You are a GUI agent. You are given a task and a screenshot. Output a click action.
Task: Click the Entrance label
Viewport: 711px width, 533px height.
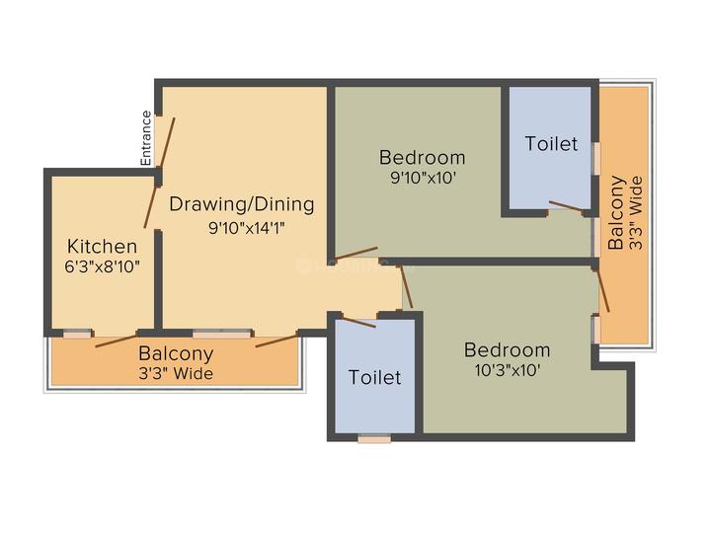point(146,138)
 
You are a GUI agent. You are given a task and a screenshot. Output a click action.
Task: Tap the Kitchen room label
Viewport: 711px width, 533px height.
point(102,246)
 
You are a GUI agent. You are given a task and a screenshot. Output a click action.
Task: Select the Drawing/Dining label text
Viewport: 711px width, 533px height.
point(242,204)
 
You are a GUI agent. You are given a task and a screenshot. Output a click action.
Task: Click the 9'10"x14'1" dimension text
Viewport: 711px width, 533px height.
point(246,228)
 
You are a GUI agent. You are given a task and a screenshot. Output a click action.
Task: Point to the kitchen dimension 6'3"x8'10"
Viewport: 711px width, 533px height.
point(102,266)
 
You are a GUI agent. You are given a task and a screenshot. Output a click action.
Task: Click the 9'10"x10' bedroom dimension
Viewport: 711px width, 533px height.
point(423,178)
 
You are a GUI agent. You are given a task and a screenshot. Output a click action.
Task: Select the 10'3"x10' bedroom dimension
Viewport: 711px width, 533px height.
point(508,371)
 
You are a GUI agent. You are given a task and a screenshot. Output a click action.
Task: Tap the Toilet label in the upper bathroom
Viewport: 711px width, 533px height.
point(551,144)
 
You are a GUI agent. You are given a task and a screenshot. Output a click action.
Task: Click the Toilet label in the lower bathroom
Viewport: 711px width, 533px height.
point(374,377)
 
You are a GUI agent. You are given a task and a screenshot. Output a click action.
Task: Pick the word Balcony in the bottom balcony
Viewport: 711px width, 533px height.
point(176,354)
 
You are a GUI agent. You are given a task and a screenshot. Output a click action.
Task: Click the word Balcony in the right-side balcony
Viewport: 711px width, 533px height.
point(616,212)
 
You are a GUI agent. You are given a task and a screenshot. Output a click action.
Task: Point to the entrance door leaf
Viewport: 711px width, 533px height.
point(166,142)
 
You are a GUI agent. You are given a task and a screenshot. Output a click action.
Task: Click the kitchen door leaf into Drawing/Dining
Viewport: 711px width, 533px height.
point(150,206)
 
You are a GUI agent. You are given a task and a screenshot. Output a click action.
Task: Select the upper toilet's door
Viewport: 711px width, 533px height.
point(567,206)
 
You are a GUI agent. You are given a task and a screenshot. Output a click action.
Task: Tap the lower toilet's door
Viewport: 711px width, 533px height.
point(358,322)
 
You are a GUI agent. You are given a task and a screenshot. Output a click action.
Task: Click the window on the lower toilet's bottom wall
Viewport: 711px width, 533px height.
point(374,439)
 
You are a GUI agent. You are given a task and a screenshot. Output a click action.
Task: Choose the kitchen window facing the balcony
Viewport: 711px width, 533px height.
point(77,335)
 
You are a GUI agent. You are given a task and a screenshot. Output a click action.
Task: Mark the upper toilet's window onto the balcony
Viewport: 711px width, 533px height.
point(597,158)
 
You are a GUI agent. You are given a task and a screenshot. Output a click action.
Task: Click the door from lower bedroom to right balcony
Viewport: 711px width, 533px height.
point(603,291)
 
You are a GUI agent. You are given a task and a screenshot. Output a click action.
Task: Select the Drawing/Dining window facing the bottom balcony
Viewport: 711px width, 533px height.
point(222,335)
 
